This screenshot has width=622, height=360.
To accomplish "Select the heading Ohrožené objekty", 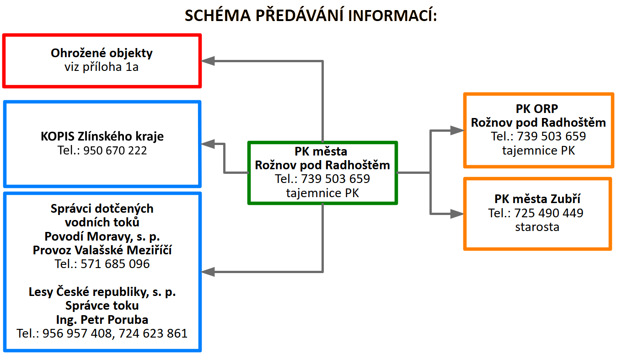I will pyautogui.click(x=102, y=53).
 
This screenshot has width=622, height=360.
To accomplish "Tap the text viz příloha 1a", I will pyautogui.click(x=102, y=67).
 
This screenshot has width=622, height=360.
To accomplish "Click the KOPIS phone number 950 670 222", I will pyautogui.click(x=115, y=150).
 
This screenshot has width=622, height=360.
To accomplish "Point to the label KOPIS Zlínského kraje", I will pyautogui.click(x=102, y=136).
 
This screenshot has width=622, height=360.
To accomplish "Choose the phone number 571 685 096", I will pyautogui.click(x=115, y=264).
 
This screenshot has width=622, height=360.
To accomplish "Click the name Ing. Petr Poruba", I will pyautogui.click(x=102, y=319).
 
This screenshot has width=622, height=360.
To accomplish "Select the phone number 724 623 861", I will pyautogui.click(x=153, y=333).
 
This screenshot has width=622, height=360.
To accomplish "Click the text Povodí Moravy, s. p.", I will pyautogui.click(x=102, y=236).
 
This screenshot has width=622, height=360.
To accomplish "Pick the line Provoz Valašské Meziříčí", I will pyautogui.click(x=102, y=250).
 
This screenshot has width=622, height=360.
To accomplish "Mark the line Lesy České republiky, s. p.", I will pyautogui.click(x=102, y=292).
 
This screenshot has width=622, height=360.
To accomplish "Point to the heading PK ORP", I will pyautogui.click(x=538, y=109).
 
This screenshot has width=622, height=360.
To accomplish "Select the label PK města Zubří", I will pyautogui.click(x=537, y=199).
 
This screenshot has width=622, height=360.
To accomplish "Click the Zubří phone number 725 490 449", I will pyautogui.click(x=549, y=213).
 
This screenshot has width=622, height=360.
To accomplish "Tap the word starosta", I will pyautogui.click(x=537, y=227).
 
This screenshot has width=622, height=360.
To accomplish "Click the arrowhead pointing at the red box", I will pyautogui.click(x=209, y=60).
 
